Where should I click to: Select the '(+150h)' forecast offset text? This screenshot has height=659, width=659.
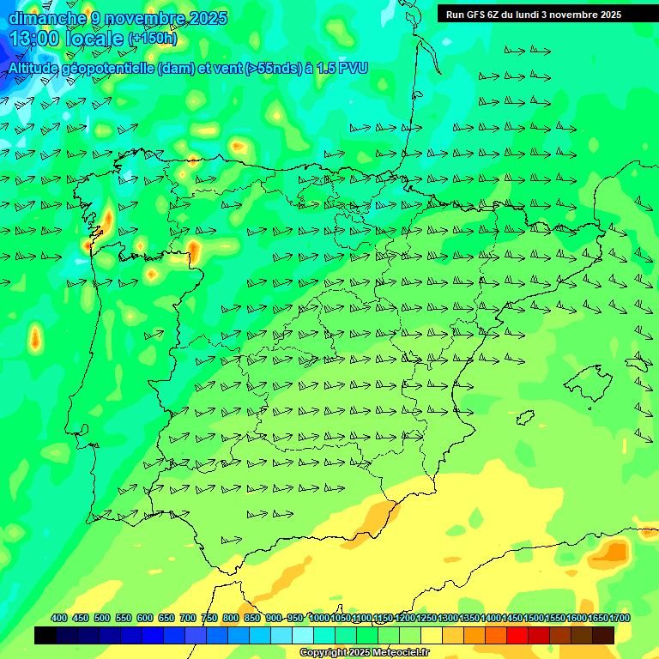tap(152, 38)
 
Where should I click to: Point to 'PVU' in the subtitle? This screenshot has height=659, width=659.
tap(354, 68)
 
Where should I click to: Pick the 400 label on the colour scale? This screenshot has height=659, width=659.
tap(59, 618)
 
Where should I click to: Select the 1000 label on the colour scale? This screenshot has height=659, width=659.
tap(319, 618)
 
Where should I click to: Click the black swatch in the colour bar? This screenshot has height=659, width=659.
tap(45, 635)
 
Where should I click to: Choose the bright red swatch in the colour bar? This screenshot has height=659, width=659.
tap(517, 635)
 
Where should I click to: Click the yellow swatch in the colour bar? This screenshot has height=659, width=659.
tap(432, 635)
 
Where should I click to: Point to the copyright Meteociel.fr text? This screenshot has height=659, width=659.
tap(365, 653)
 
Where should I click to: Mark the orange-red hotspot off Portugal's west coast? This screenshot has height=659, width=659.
tap(35, 336)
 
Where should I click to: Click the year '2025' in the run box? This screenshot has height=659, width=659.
tap(611, 14)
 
